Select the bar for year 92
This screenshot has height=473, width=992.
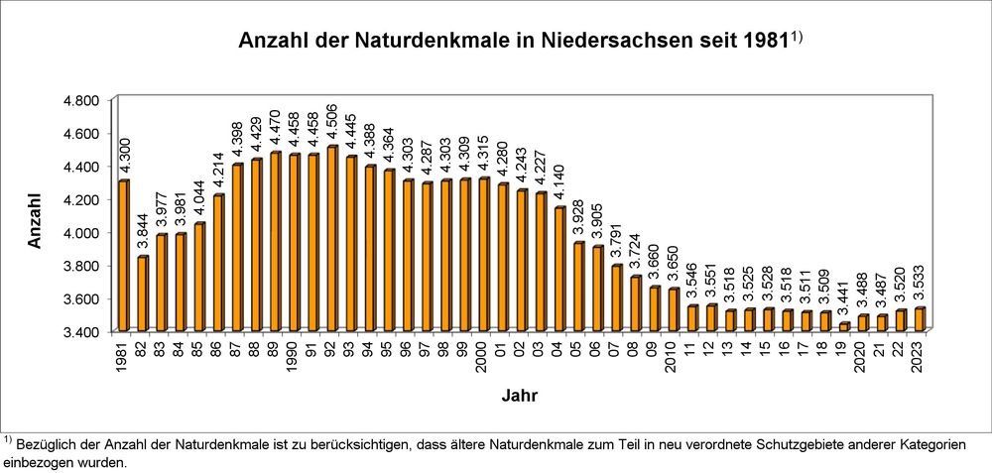(331, 239)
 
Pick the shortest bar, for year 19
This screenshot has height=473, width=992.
(843, 326)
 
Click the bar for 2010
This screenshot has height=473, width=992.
(673, 309)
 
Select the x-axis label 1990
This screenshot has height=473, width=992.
(295, 354)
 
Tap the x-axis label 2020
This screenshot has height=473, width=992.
(863, 354)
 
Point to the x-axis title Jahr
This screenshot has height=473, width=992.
(519, 396)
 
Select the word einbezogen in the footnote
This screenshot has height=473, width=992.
(40, 461)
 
